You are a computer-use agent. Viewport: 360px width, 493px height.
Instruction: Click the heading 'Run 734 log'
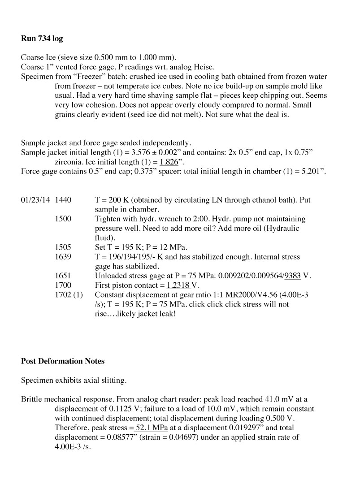pos(42,39)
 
